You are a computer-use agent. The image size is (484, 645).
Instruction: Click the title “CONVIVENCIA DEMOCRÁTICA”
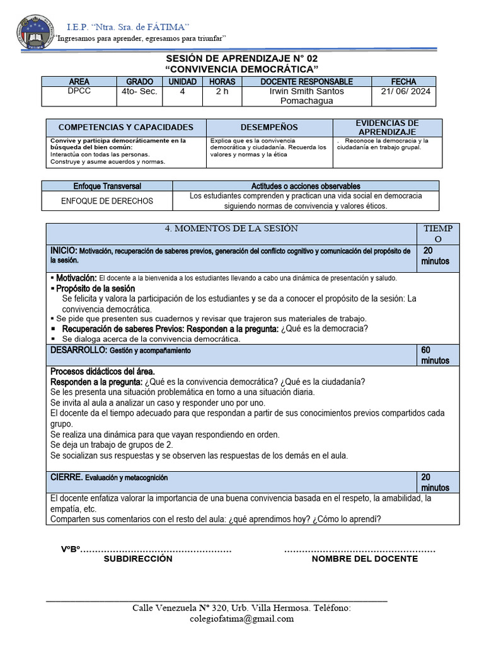241,68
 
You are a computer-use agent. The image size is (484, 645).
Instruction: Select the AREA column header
79,82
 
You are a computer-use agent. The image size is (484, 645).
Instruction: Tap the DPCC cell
79,91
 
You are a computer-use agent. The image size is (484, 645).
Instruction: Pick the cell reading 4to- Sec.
139,91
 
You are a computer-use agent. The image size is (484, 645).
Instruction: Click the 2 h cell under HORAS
222,91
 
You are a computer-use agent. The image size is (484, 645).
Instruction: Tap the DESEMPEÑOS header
269,127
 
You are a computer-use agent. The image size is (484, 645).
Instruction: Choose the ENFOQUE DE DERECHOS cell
107,201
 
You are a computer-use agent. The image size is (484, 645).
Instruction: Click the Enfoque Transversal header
107,186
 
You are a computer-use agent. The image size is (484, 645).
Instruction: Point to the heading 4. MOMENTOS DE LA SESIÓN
231,229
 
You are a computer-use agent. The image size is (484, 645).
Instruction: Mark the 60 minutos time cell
435,355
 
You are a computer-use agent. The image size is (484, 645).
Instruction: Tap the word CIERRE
66,477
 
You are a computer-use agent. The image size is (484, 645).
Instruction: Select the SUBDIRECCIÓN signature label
138,559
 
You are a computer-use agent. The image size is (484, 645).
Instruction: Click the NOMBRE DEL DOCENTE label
364,559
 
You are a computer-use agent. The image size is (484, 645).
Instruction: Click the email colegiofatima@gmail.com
241,619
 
